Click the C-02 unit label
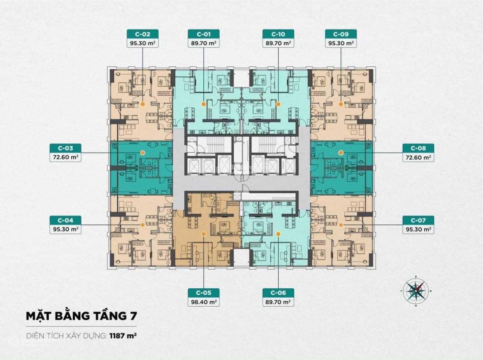142,34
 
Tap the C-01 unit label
204,34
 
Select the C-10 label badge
278,34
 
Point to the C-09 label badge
341,34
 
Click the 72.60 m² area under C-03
65,157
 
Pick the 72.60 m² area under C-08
418,157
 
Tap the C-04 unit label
65,220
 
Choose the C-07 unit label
418,220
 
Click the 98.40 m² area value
204,302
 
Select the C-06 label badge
278,293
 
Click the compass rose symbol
416,291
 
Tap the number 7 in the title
133,316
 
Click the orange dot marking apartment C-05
204,234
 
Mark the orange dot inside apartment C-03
142,153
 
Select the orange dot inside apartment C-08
341,153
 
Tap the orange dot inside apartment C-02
142,104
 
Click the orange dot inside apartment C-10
278,104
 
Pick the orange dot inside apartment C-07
341,225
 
